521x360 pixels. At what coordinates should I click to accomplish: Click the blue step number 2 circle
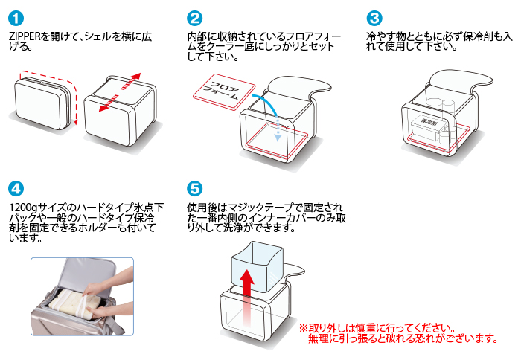(x=195, y=18)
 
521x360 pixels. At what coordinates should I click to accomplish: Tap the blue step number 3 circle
(x=374, y=18)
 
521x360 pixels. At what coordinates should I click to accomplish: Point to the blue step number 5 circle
(x=195, y=187)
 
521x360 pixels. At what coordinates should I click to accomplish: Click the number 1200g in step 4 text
(x=23, y=206)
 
